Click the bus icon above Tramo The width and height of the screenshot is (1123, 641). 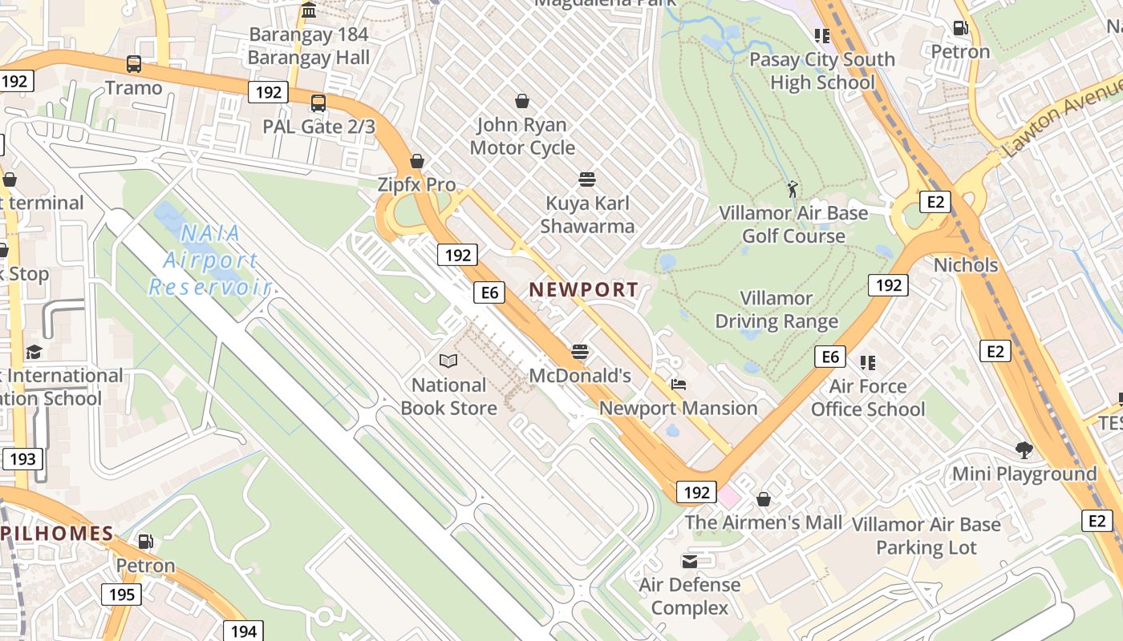tap(134, 64)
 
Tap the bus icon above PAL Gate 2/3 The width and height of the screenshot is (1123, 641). tap(318, 103)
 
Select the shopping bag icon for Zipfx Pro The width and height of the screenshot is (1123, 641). tap(416, 161)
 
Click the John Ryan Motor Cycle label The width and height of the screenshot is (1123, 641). tap(522, 136)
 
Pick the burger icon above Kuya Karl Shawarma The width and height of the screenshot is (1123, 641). tap(587, 179)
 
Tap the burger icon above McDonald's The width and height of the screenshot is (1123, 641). tap(580, 352)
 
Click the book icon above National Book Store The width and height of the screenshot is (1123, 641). tap(448, 361)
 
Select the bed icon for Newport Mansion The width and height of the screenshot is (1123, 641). tap(679, 385)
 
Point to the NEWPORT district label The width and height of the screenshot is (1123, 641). tap(584, 290)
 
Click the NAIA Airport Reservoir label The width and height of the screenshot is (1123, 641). tap(210, 260)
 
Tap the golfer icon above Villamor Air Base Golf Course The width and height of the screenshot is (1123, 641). tap(793, 189)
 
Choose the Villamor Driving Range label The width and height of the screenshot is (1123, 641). tap(776, 310)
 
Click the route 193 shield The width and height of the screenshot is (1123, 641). tap(22, 459)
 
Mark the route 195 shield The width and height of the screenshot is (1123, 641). tap(121, 595)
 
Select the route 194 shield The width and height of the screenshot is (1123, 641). tap(243, 631)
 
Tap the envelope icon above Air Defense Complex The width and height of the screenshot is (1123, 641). tap(690, 561)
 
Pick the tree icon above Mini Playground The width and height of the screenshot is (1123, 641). tap(1024, 450)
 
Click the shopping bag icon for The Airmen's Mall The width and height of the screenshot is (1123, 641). tap(764, 499)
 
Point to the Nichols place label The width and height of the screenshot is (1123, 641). tap(966, 265)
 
